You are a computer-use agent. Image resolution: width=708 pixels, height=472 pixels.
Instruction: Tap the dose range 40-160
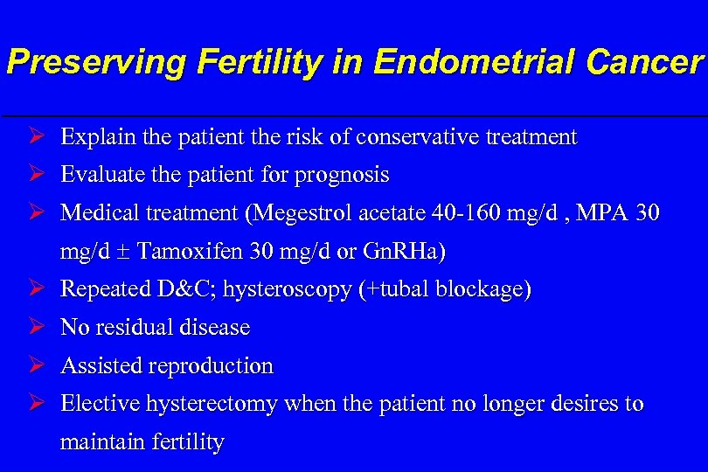462,213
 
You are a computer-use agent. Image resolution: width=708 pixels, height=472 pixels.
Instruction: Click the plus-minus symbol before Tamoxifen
125,253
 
